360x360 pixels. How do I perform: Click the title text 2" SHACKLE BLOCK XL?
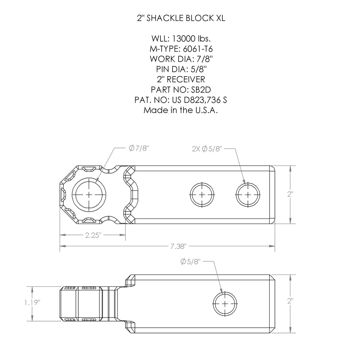point(181,18)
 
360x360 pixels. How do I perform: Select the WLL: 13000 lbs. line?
point(181,39)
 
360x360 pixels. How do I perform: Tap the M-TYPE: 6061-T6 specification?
point(181,49)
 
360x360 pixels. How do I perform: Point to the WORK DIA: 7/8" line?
point(181,59)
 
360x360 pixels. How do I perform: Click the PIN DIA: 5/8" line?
point(181,69)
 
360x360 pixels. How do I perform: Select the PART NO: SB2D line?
point(181,90)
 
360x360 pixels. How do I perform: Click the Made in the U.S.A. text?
point(181,110)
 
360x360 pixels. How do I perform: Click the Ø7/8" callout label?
point(138,148)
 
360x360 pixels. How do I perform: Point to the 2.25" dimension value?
point(93,235)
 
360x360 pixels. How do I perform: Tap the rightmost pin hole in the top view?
point(248,195)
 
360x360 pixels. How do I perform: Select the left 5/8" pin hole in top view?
point(202,195)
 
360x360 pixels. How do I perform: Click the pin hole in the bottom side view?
point(225,304)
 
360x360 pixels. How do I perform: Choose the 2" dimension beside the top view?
point(290,194)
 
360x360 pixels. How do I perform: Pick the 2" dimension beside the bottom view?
point(290,301)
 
